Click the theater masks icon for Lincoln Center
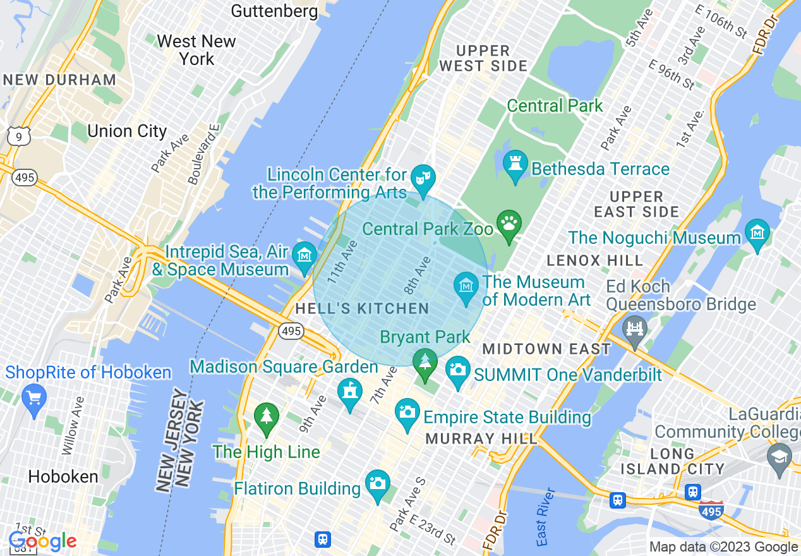[x=421, y=175]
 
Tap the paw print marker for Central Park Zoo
[x=509, y=224]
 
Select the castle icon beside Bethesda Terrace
[x=515, y=164]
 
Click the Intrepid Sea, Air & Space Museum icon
[x=304, y=256]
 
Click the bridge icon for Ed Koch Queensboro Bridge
[x=634, y=328]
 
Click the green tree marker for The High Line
[x=266, y=416]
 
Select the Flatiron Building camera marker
[x=377, y=484]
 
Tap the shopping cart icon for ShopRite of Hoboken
[x=33, y=398]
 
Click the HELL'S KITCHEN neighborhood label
[x=362, y=309]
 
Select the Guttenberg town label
[x=274, y=11]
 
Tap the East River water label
[x=546, y=517]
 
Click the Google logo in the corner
[x=42, y=541]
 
